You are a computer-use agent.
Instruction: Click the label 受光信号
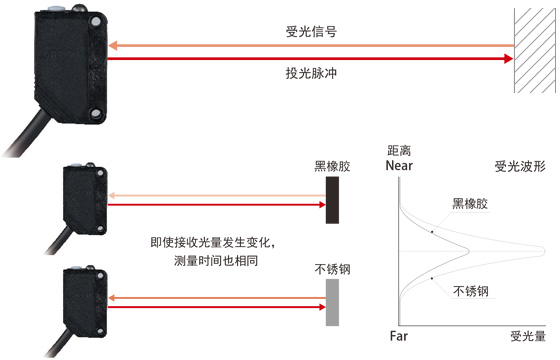[x=311, y=31]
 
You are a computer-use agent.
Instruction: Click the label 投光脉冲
[x=311, y=73]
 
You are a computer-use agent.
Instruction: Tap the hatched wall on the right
[x=535, y=50]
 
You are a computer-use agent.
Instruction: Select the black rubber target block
[x=332, y=200]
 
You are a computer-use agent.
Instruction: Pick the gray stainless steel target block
[x=332, y=302]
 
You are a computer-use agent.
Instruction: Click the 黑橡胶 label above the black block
[x=332, y=166]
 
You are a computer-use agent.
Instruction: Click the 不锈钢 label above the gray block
[x=332, y=269]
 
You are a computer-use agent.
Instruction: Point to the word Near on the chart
[x=399, y=166]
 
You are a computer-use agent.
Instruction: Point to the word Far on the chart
[x=399, y=336]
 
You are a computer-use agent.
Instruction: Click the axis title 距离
[x=399, y=151]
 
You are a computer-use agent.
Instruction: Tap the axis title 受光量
[x=528, y=336]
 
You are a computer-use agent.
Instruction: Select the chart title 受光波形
[x=520, y=166]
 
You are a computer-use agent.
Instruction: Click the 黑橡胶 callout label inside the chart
[x=470, y=204]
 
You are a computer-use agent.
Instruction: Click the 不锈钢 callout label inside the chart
[x=471, y=291]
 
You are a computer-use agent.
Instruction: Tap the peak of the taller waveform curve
[x=545, y=251]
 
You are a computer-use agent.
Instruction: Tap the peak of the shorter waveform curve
[x=468, y=251]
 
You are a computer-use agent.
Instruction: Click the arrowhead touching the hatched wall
[x=509, y=59]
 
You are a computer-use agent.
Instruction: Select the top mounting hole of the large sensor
[x=96, y=21]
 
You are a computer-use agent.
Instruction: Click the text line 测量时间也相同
[x=216, y=261]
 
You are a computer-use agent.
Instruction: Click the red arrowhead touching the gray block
[x=322, y=307]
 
